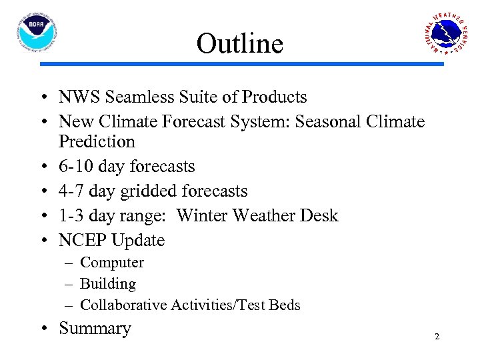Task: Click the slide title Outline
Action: coord(240,44)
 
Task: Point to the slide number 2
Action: coord(437,337)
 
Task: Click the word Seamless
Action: coord(137,97)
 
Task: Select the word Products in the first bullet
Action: coord(274,97)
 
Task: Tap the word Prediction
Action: coord(97,142)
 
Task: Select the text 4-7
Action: coord(72,191)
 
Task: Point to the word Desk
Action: coord(320,216)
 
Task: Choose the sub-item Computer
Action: coord(111,263)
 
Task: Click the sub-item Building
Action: coord(107,284)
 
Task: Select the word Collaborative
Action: coord(123,305)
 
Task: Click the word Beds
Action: coord(285,305)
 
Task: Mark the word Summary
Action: coord(95,329)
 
